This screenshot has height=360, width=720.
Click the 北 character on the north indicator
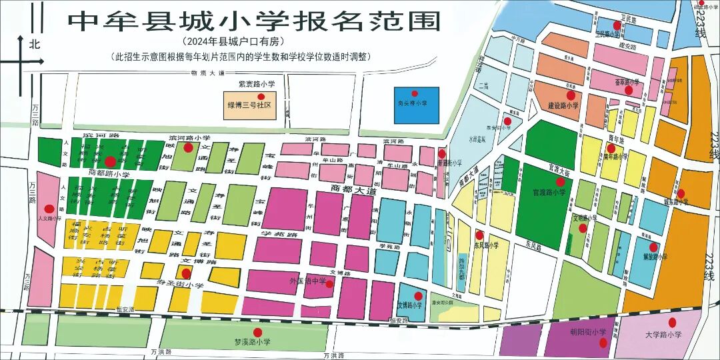(x=35, y=45)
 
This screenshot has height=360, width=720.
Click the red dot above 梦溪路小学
(x=257, y=332)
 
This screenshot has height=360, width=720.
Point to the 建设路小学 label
(x=563, y=105)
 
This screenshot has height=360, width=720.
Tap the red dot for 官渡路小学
(x=560, y=181)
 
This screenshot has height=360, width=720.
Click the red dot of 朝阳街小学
(x=602, y=343)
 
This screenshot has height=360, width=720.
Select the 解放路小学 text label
(x=653, y=256)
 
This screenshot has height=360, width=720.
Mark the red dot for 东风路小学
(x=479, y=235)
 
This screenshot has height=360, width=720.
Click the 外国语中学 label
(x=308, y=281)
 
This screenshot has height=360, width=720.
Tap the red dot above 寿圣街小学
(x=186, y=273)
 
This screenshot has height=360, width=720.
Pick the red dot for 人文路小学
(x=48, y=208)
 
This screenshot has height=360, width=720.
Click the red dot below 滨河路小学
(x=189, y=147)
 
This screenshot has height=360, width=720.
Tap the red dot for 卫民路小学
(x=617, y=25)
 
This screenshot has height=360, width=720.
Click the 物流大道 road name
(x=207, y=74)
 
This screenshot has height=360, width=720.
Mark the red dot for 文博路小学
(x=418, y=296)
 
